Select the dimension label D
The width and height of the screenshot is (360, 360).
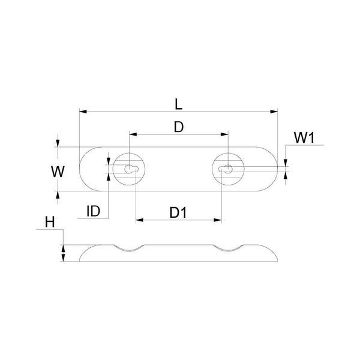coord(178,127)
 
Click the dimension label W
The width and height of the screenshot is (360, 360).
coord(58,172)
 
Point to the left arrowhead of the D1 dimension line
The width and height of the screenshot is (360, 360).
coord(139,220)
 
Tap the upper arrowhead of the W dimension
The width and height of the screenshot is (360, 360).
coord(58,143)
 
